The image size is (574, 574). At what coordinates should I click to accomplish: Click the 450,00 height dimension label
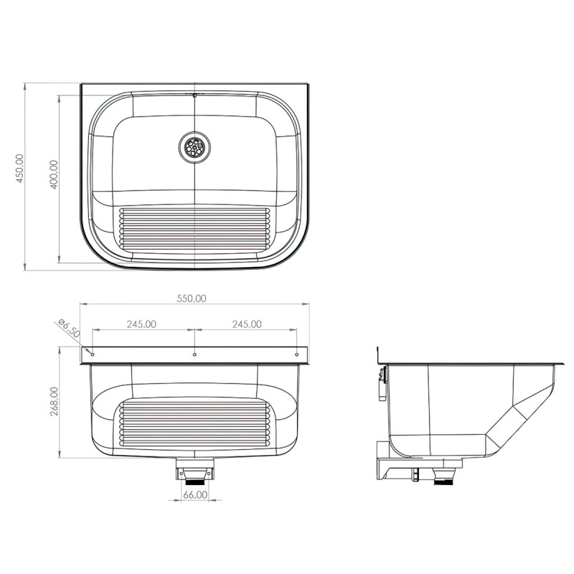click(x=20, y=168)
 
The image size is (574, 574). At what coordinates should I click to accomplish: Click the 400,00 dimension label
click(x=54, y=174)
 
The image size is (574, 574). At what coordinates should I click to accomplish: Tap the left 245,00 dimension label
click(x=141, y=324)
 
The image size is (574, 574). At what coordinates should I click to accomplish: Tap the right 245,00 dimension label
click(x=246, y=324)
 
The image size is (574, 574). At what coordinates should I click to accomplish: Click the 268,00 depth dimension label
click(x=54, y=403)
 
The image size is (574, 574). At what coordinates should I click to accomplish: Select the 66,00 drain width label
click(x=194, y=495)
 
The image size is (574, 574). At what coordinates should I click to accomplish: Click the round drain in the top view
click(x=194, y=147)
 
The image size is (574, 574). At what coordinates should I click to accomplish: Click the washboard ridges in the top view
click(x=194, y=230)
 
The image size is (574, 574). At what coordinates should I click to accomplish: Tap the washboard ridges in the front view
click(x=194, y=423)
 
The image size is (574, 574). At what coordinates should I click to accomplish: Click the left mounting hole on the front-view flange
click(x=92, y=354)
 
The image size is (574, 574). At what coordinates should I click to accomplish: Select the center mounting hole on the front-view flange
click(x=194, y=354)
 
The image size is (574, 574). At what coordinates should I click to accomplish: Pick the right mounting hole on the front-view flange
click(x=297, y=354)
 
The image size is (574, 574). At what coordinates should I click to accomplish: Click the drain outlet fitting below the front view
click(x=194, y=473)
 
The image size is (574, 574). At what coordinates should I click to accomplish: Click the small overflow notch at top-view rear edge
click(x=194, y=94)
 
